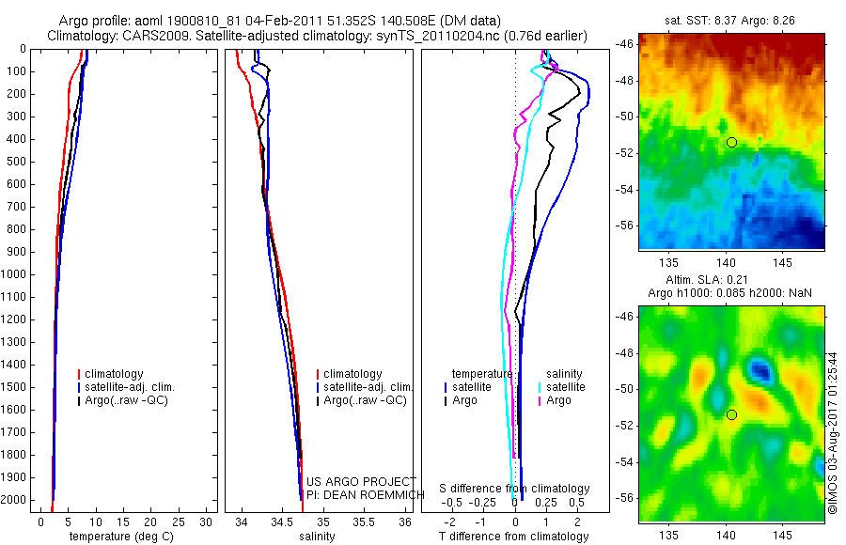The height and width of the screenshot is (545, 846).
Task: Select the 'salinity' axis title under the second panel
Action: click(x=316, y=537)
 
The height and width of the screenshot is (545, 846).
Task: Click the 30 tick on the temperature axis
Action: click(x=207, y=521)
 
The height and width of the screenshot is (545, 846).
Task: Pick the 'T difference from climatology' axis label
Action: click(x=513, y=537)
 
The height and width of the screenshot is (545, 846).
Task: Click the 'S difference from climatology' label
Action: click(x=514, y=489)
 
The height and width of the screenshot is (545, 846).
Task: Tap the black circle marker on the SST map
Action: click(x=731, y=142)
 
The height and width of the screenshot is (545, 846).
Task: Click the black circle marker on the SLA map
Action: click(x=731, y=414)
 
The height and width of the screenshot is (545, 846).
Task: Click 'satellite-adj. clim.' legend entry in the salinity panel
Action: click(x=368, y=387)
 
